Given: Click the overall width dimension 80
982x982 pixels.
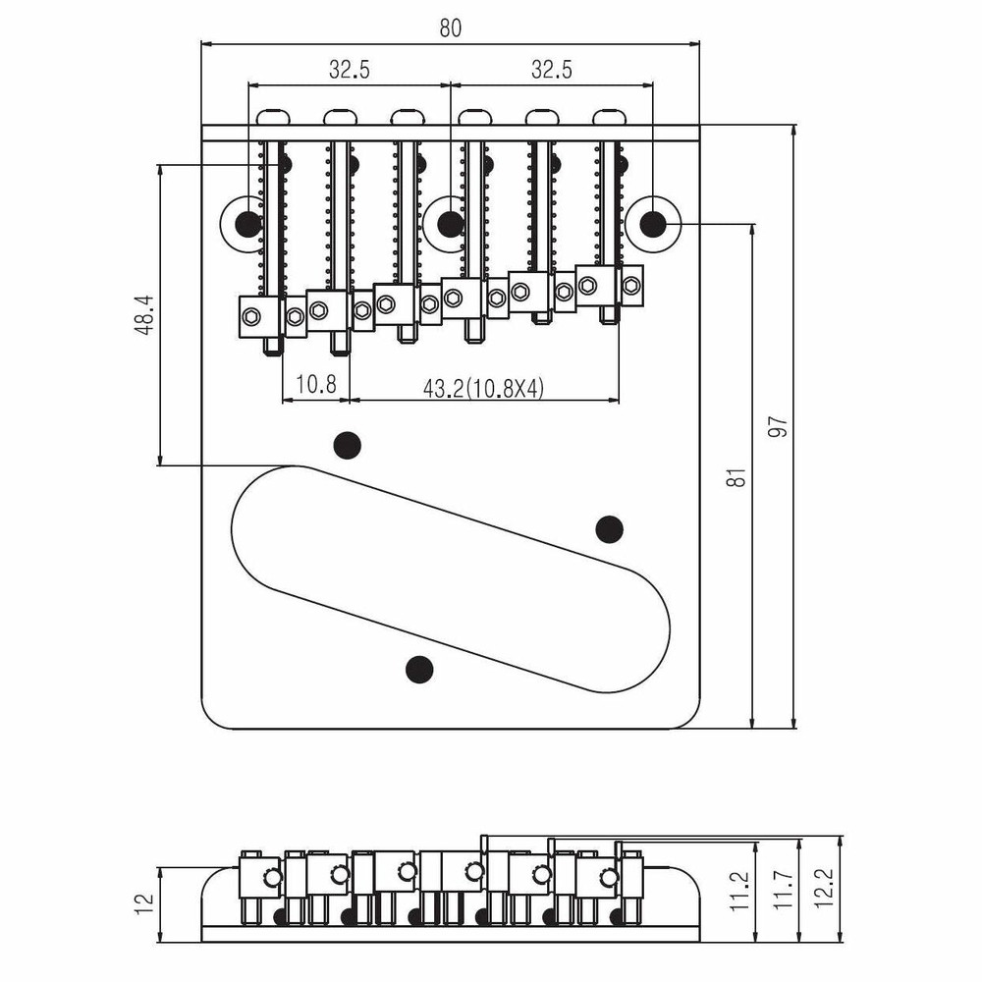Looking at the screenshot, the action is (451, 28).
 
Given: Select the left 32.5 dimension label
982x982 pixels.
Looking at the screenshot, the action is (350, 70).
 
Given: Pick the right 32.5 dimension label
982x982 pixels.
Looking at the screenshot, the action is (552, 70).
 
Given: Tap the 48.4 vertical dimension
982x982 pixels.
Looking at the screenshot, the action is (144, 315).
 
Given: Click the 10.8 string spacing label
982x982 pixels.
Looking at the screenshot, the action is (315, 384).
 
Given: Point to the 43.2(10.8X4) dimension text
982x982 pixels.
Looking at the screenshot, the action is (483, 389).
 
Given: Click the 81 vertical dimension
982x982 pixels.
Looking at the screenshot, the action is (739, 478).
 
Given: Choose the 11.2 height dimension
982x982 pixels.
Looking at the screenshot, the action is (739, 891).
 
